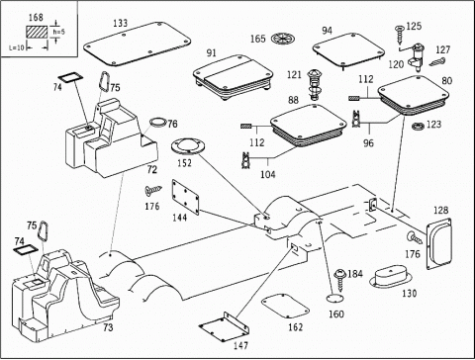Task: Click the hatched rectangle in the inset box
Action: [x=37, y=33]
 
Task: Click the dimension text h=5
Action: [x=59, y=32]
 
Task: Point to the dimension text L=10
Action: [x=17, y=47]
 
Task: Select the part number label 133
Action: [x=121, y=24]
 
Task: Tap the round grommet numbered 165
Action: [x=283, y=39]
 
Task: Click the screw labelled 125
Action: [x=400, y=36]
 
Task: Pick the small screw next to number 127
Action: [x=437, y=61]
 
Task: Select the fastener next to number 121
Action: [x=314, y=85]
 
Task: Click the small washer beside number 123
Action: [x=419, y=126]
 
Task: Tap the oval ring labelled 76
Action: [x=157, y=122]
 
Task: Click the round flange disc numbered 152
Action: [x=188, y=146]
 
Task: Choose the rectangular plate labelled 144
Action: [x=186, y=197]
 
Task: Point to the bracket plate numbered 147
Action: [x=225, y=327]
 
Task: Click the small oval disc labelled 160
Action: [x=334, y=299]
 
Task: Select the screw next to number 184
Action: [x=339, y=280]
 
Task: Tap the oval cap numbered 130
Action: [x=391, y=276]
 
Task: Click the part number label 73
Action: [x=108, y=327]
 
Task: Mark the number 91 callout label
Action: [x=211, y=53]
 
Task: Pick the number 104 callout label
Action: [x=268, y=174]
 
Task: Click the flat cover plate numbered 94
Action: [x=348, y=50]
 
